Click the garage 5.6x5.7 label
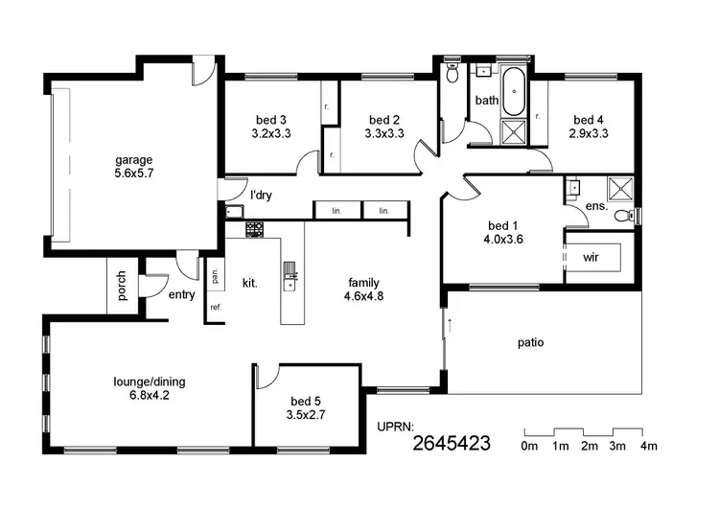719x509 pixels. (x=134, y=167)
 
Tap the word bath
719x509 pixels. (x=487, y=100)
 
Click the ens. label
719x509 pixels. (x=596, y=206)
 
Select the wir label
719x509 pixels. (x=591, y=258)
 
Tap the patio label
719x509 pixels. (x=531, y=341)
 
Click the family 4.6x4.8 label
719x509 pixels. (x=363, y=289)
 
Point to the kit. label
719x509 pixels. (x=249, y=283)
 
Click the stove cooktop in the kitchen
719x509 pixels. (x=255, y=230)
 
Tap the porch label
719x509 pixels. (x=122, y=287)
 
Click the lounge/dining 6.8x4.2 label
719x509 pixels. (x=150, y=388)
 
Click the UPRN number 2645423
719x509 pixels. (x=452, y=443)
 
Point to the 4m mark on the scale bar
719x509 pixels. (x=648, y=447)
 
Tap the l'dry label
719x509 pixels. (x=261, y=196)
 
